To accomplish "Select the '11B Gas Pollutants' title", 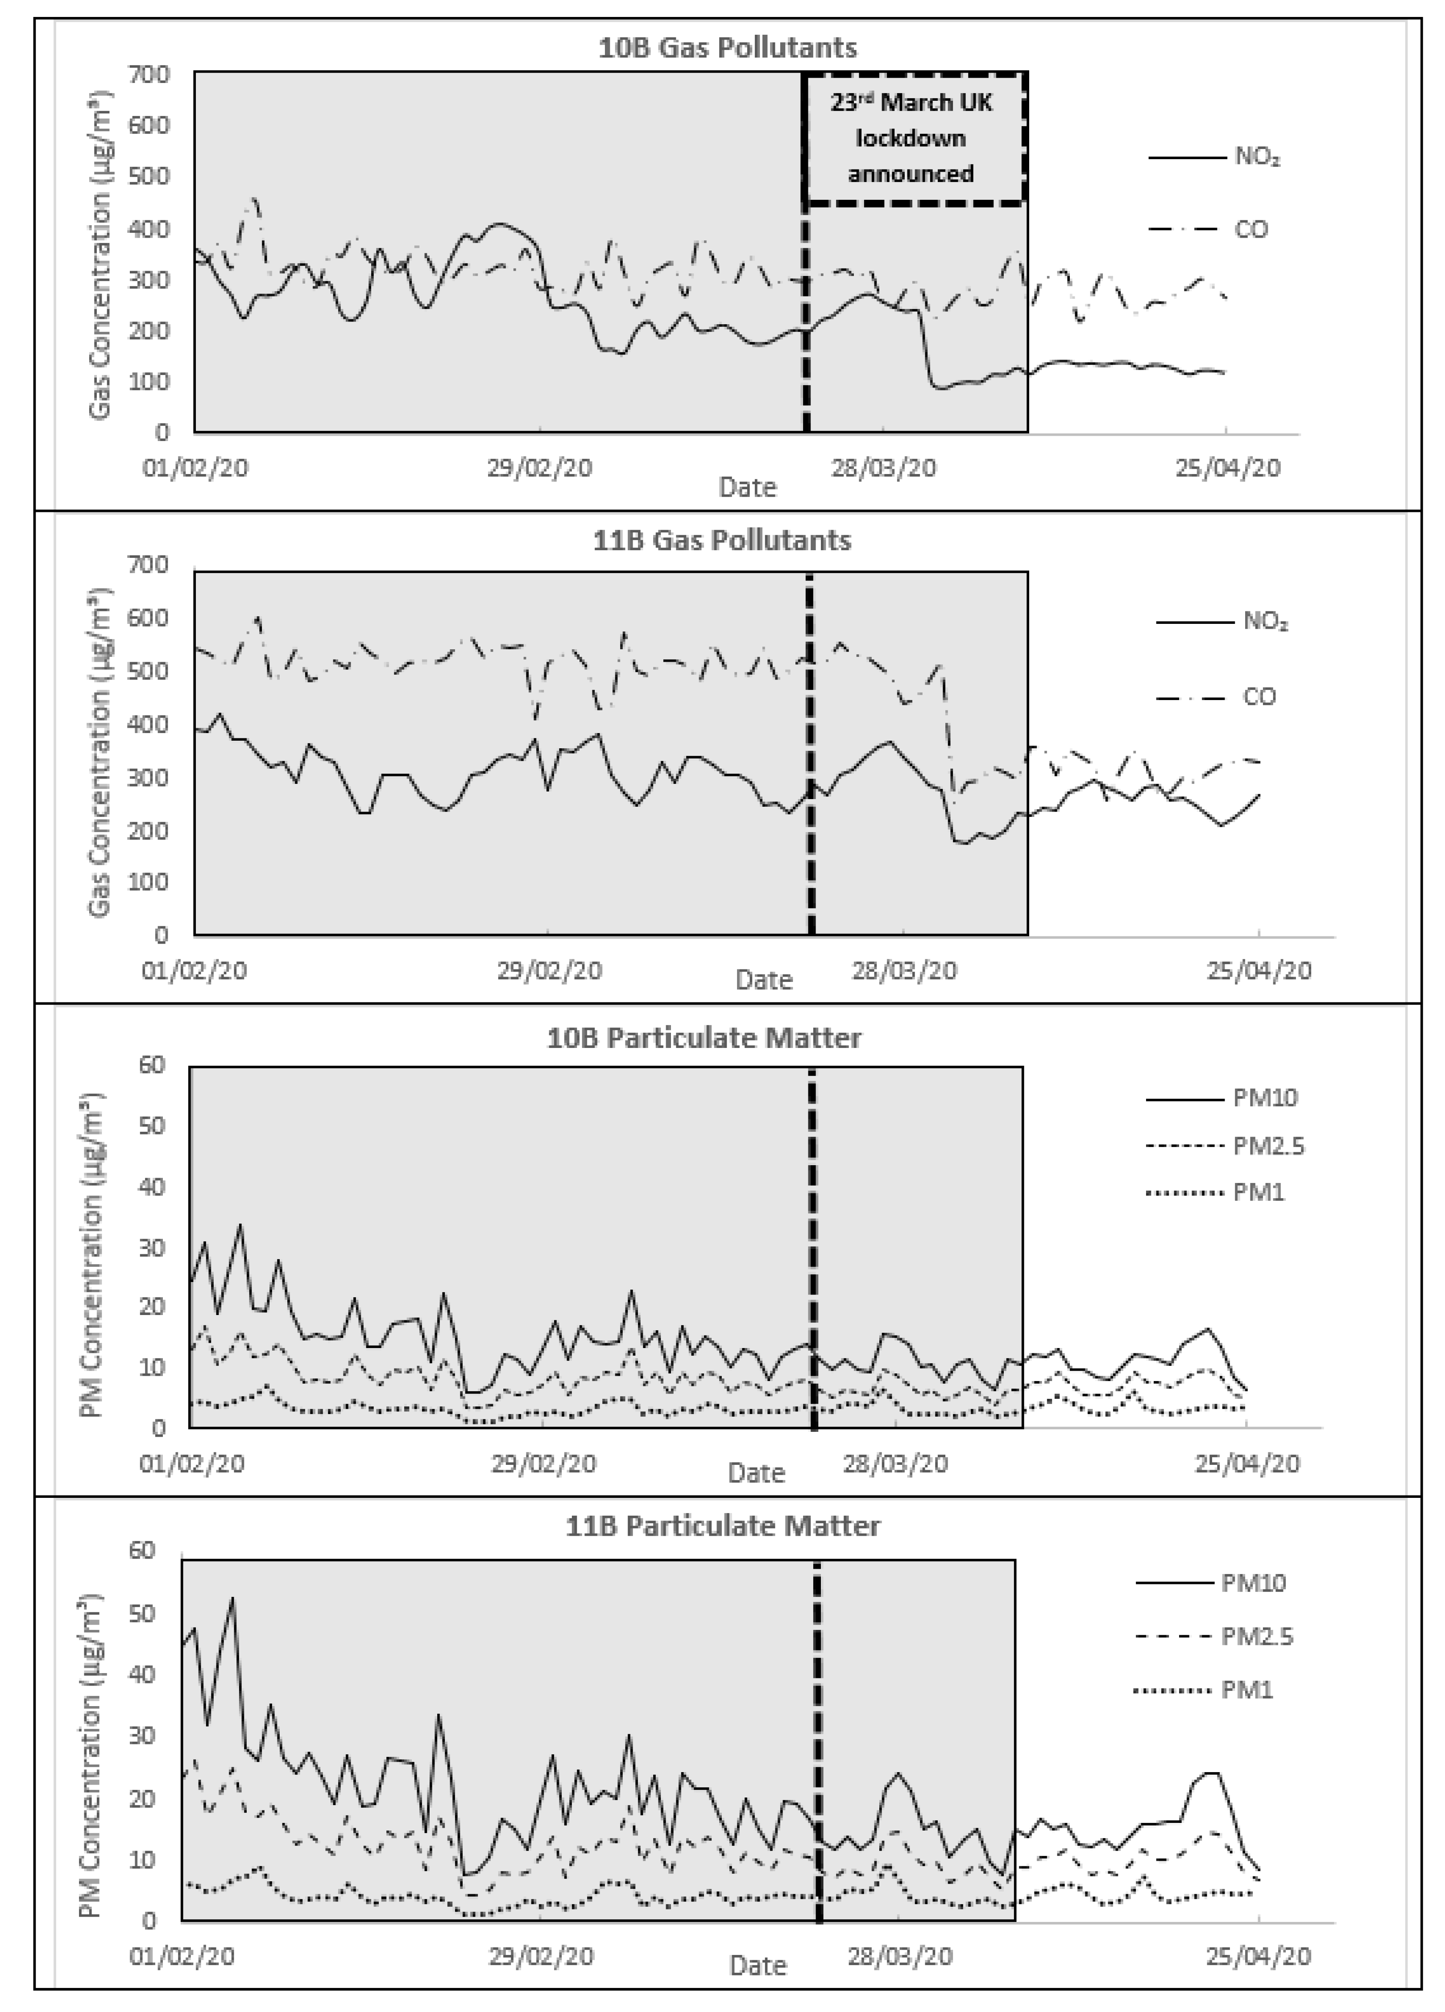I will [x=722, y=540].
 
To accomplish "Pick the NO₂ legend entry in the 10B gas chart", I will [x=1257, y=158].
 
